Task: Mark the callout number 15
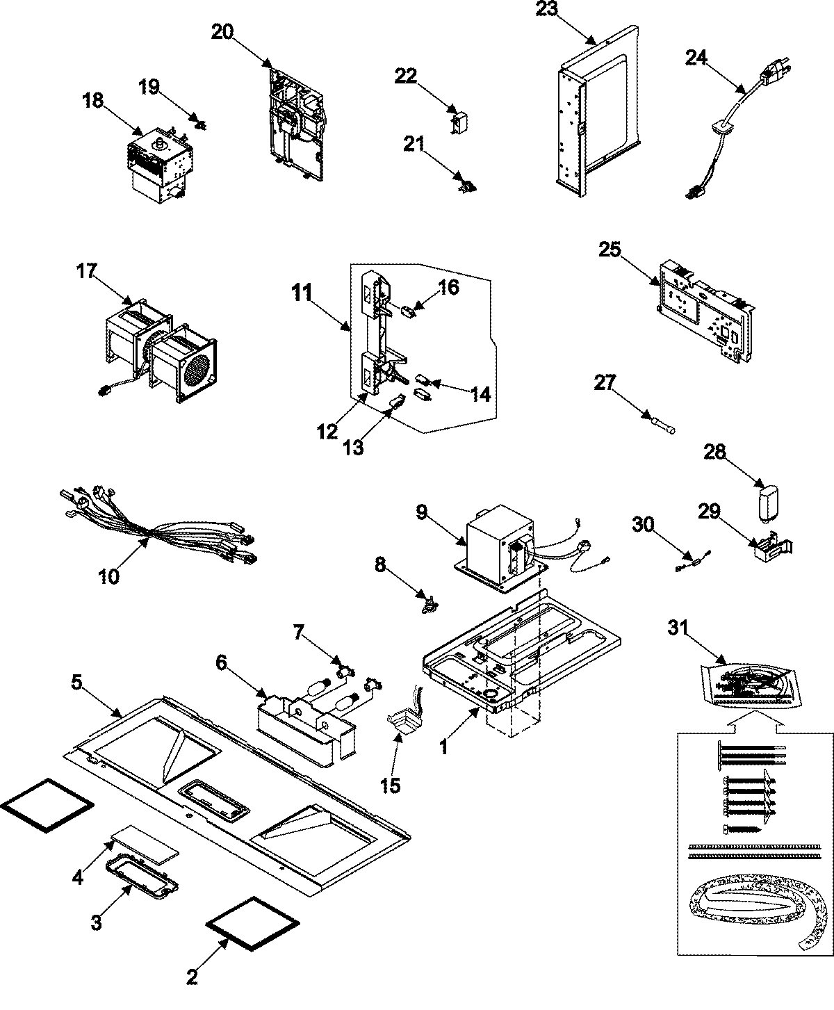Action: coord(391,785)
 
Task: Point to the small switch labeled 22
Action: coord(459,123)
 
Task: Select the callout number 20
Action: coord(223,33)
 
